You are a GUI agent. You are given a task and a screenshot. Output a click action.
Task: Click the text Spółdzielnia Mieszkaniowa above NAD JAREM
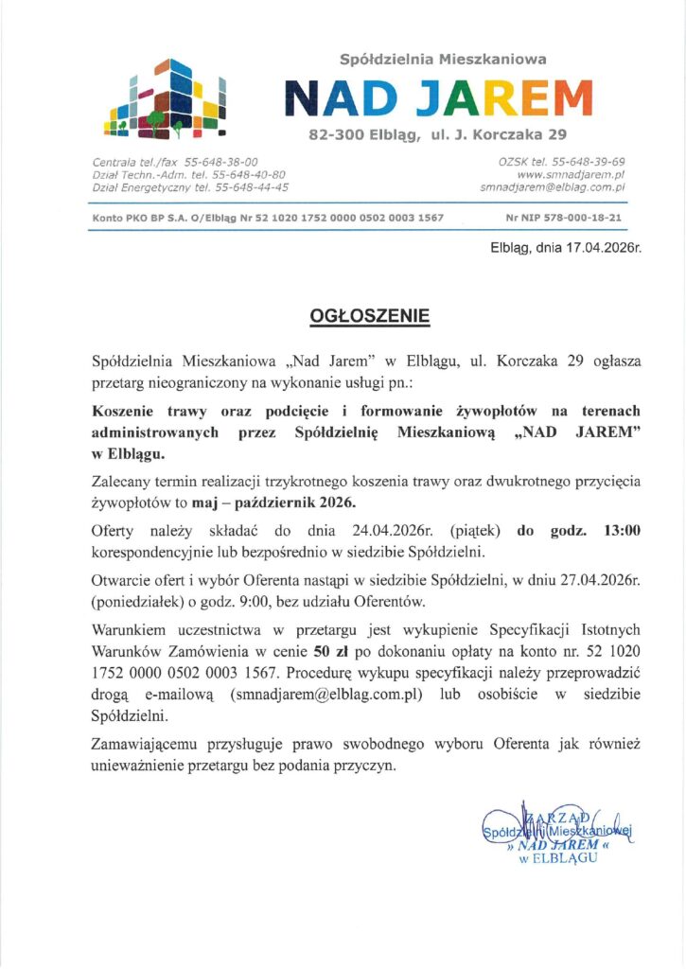[x=444, y=59]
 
